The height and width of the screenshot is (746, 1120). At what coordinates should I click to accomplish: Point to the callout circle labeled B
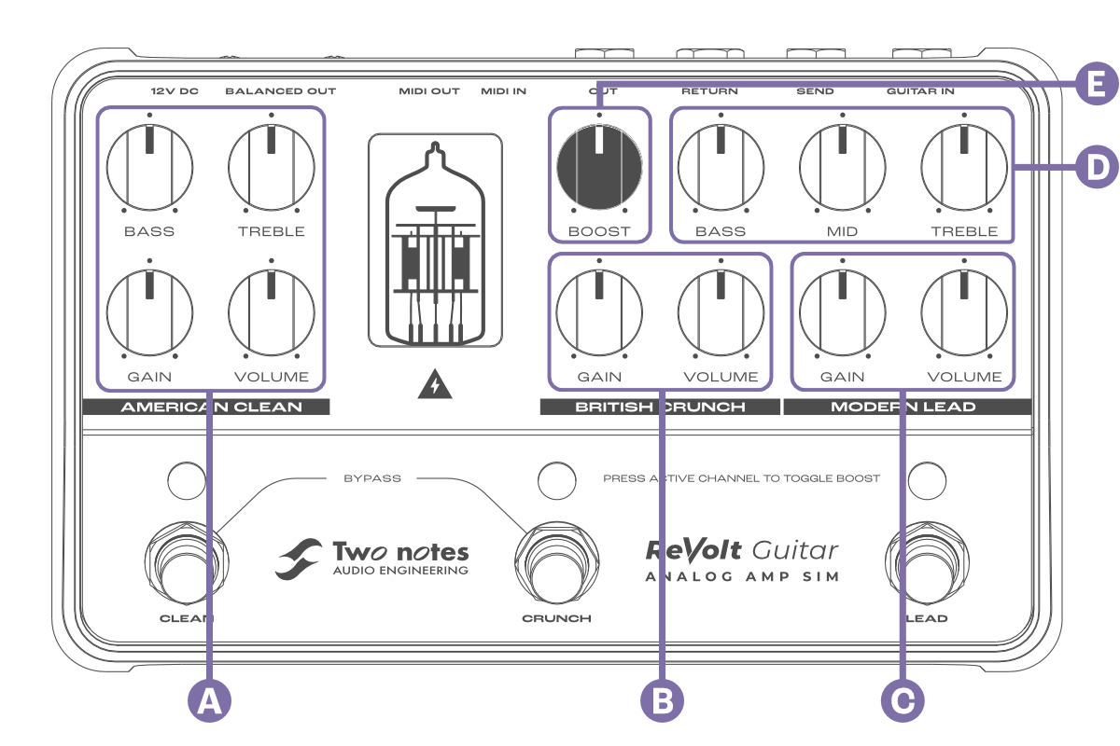click(662, 700)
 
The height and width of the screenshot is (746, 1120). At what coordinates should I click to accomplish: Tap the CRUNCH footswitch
click(556, 563)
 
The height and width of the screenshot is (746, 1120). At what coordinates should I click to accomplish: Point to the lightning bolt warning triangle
click(434, 385)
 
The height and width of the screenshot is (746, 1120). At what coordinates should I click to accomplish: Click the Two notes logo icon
click(299, 558)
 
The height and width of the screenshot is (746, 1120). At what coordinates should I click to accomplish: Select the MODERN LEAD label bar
click(906, 407)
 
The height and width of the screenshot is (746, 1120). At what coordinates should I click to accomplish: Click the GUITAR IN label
click(919, 91)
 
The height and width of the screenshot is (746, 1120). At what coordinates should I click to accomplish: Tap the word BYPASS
click(372, 478)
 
